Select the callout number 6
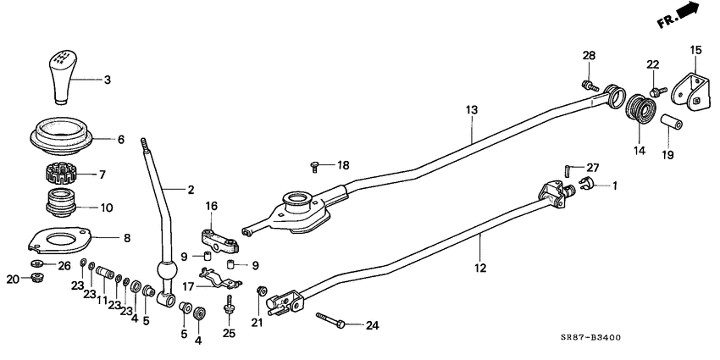tap(121, 140)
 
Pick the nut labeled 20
tap(36, 279)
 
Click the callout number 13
tap(472, 110)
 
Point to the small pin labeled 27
tap(564, 168)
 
